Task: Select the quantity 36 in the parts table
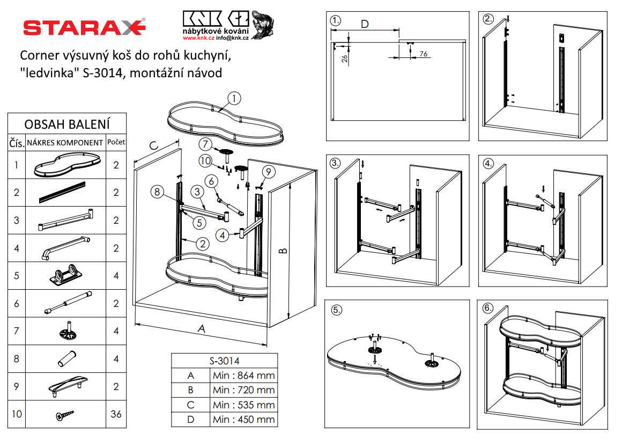point(116,414)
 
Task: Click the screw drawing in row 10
point(65,414)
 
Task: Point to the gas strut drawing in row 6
point(67,303)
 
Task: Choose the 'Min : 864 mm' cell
point(243,375)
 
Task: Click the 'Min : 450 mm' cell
point(243,419)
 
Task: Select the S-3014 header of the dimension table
point(224,361)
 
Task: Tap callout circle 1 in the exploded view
point(234,99)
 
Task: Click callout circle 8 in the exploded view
point(156,191)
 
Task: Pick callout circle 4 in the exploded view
point(223,234)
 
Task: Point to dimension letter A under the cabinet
point(202,329)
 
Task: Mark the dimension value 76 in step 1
point(423,54)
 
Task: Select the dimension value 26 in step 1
point(344,58)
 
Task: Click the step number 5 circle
point(337,310)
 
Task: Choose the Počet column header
point(116,142)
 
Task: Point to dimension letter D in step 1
point(365,24)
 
